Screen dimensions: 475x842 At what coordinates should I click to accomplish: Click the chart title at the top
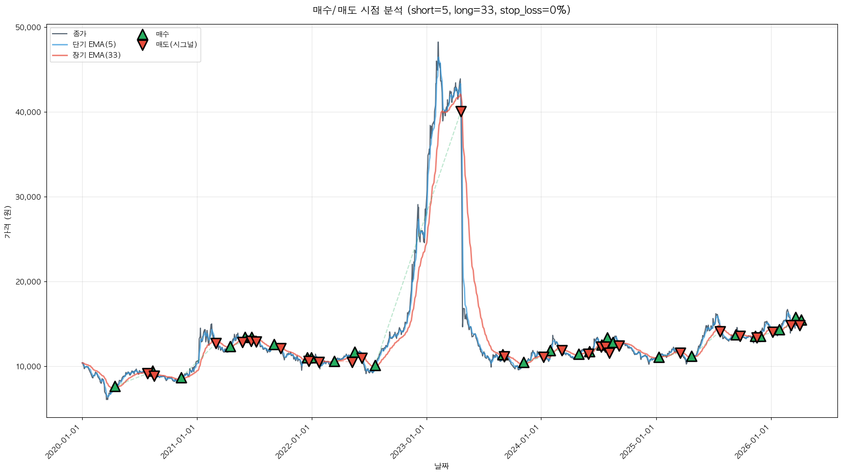click(441, 10)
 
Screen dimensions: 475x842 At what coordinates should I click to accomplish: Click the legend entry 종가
click(80, 34)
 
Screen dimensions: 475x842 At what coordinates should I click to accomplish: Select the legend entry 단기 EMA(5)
click(94, 44)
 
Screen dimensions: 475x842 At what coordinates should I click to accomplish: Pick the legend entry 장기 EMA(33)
click(96, 55)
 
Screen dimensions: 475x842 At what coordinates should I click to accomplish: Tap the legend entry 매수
click(162, 34)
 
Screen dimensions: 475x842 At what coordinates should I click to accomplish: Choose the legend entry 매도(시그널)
click(176, 44)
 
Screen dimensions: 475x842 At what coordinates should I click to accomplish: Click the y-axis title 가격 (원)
click(7, 222)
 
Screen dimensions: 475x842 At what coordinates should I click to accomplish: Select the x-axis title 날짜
click(441, 466)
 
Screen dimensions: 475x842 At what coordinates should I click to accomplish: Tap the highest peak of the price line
click(438, 42)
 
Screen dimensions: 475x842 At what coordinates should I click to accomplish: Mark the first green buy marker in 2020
click(115, 387)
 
